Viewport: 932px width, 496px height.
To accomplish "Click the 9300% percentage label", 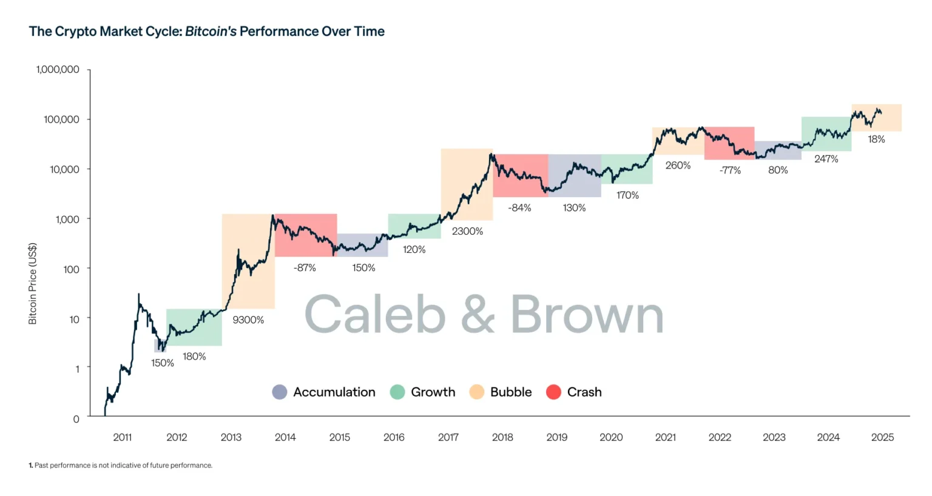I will tap(248, 320).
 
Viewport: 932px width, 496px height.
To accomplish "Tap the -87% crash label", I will tap(305, 267).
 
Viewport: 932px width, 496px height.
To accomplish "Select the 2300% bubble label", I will tap(467, 231).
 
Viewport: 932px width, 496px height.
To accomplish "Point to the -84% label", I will tap(519, 207).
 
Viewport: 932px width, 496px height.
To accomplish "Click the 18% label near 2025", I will tap(876, 139).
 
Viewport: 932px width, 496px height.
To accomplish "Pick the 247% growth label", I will tap(826, 159).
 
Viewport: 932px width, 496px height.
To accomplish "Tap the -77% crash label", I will tap(730, 170).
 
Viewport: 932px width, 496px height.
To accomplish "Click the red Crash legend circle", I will tap(553, 392).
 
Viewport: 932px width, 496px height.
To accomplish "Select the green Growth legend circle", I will tap(397, 392).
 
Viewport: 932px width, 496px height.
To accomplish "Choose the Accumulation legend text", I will tap(334, 392).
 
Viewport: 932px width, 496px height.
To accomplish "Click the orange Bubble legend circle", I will tap(477, 392).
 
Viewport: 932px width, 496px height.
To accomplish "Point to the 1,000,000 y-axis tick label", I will tap(58, 70).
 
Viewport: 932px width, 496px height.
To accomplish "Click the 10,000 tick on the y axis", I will tap(64, 169).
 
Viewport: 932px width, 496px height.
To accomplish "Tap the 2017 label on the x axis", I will tap(448, 437).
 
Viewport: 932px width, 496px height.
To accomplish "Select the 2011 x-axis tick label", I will tap(122, 437).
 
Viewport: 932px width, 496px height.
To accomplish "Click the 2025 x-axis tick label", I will tap(882, 437).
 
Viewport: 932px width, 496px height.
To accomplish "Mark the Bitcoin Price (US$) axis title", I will tap(33, 283).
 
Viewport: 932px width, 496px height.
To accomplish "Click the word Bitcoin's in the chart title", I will tap(211, 32).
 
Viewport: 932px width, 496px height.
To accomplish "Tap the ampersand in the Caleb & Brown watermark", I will tap(478, 315).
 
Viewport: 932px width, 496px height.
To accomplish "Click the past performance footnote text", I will tap(121, 466).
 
